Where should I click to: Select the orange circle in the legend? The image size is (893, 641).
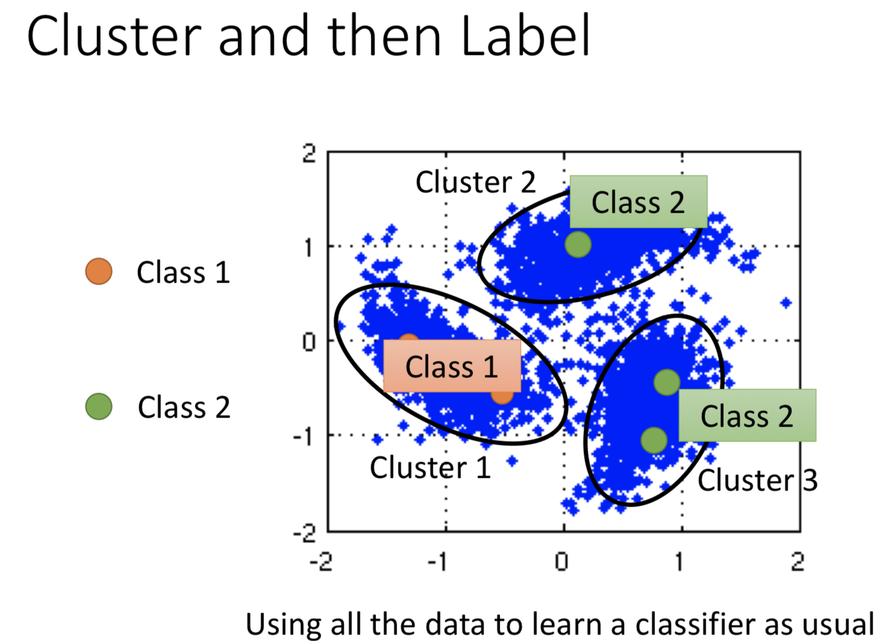pyautogui.click(x=99, y=271)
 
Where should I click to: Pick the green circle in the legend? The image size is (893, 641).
pyautogui.click(x=99, y=406)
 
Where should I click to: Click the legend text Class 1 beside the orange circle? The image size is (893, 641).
pyautogui.click(x=183, y=272)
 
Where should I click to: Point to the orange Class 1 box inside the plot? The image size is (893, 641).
pyautogui.click(x=452, y=366)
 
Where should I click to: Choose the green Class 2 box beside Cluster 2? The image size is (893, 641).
pyautogui.click(x=638, y=202)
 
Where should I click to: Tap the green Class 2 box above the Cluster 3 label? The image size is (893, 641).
pyautogui.click(x=747, y=416)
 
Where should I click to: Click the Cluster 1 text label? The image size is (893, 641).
pyautogui.click(x=430, y=467)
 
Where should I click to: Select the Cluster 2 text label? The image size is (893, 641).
pyautogui.click(x=475, y=182)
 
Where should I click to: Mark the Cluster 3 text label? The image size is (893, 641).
pyautogui.click(x=757, y=481)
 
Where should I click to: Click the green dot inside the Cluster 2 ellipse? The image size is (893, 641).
pyautogui.click(x=578, y=245)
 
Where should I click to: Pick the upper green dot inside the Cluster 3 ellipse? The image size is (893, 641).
pyautogui.click(x=667, y=382)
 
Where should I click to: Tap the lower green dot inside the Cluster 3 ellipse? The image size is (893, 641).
pyautogui.click(x=654, y=440)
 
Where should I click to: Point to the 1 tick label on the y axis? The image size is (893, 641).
pyautogui.click(x=308, y=247)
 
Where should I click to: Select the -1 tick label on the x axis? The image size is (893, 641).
pyautogui.click(x=437, y=562)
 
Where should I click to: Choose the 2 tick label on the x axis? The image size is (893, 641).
pyautogui.click(x=797, y=562)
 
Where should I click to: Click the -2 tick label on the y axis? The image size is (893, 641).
pyautogui.click(x=304, y=533)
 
